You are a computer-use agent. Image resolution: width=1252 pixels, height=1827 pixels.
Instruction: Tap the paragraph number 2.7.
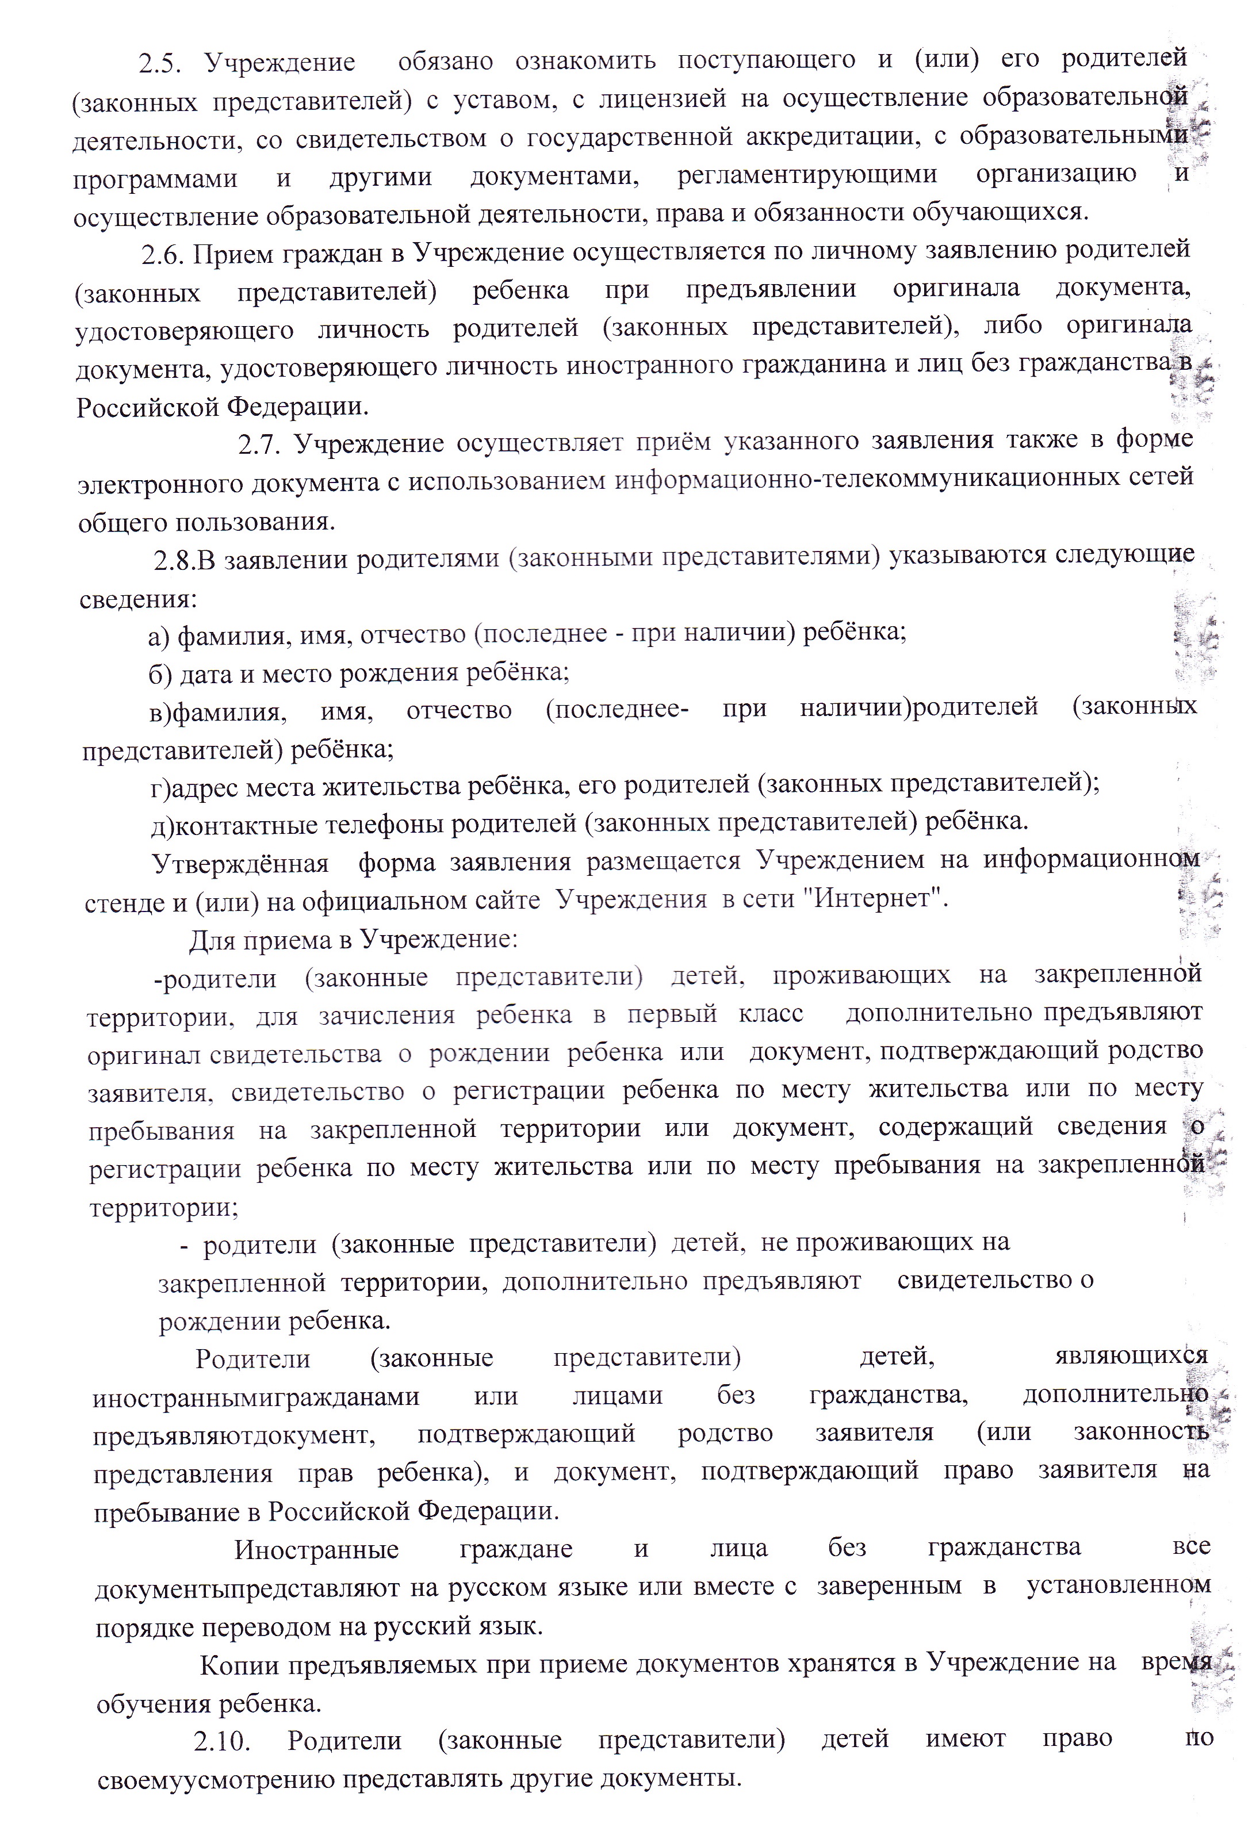259,446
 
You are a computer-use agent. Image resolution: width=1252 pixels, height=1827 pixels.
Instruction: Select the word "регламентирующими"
807,175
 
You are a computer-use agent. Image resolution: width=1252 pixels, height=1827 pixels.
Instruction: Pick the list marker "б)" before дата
160,674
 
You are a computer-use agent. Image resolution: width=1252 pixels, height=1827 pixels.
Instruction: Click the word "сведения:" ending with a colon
139,599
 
